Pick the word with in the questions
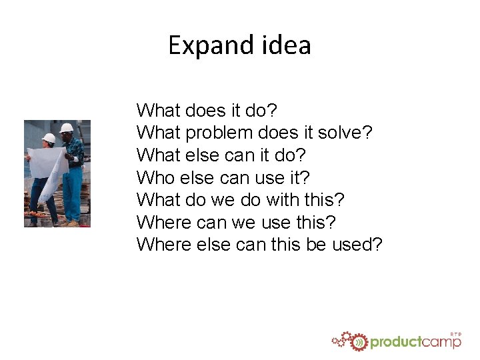(290, 199)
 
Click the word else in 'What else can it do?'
(197, 155)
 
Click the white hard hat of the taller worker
(67, 127)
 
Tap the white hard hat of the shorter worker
(49, 138)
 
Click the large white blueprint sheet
(48, 167)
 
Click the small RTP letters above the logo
(455, 333)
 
